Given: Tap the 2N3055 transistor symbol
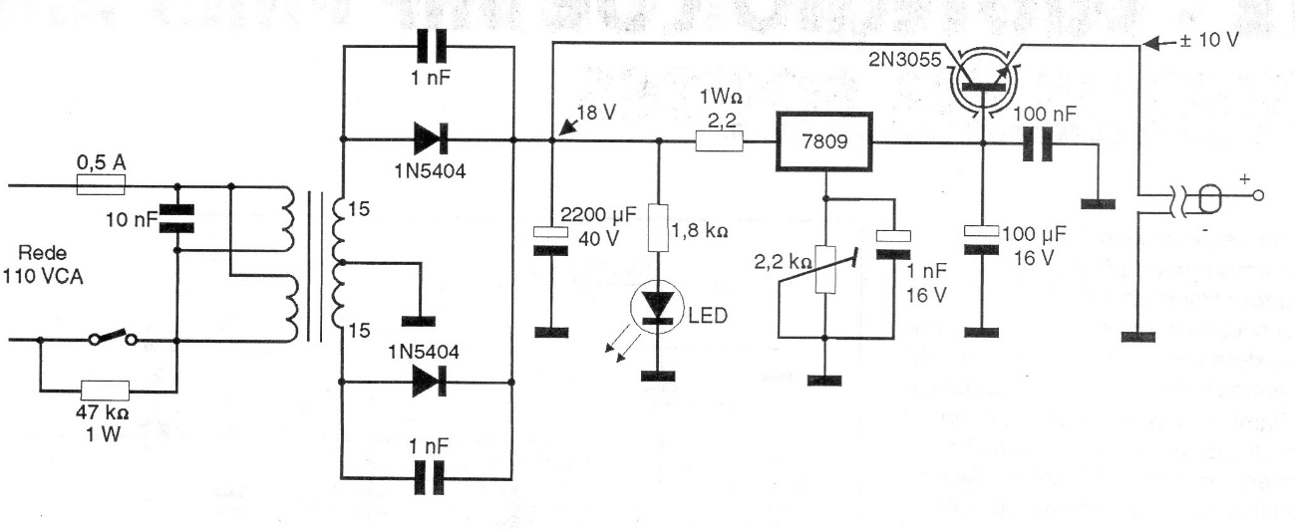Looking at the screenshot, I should pos(983,78).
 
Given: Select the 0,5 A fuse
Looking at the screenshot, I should pos(100,184).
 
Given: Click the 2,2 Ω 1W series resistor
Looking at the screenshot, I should pos(720,141).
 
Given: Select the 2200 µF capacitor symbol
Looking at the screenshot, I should pos(543,240).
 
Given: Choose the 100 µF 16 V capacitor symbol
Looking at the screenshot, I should pos(983,239).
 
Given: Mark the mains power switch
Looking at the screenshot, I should pos(113,339).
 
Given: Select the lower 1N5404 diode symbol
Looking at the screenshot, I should pos(430,382).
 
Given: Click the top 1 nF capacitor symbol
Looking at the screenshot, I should pos(430,46).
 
